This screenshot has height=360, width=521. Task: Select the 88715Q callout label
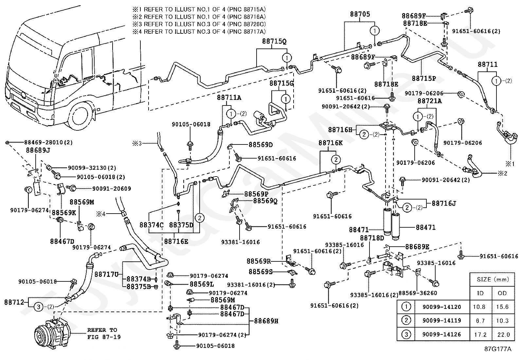(x=274, y=42)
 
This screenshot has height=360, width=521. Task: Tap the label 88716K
(x=331, y=143)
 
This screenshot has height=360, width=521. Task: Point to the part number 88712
(x=14, y=302)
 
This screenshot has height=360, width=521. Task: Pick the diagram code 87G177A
(x=498, y=349)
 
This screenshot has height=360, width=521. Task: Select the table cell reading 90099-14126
(x=441, y=334)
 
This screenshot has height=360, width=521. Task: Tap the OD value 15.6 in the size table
(x=502, y=307)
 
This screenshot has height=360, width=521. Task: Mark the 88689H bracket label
(x=265, y=321)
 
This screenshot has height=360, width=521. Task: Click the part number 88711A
(x=229, y=97)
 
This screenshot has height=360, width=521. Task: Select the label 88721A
(x=429, y=101)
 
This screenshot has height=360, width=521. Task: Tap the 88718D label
(x=372, y=238)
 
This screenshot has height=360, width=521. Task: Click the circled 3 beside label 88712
(x=39, y=307)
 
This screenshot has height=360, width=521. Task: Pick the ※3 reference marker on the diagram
(x=136, y=143)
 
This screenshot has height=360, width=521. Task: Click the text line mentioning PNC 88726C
(x=199, y=25)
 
